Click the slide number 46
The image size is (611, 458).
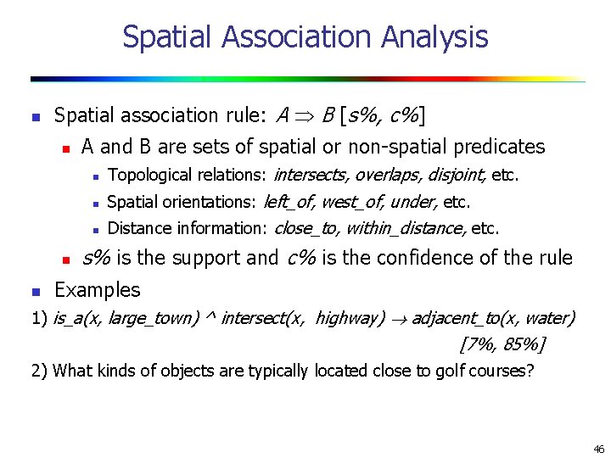(x=599, y=449)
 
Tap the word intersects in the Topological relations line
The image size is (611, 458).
(x=310, y=176)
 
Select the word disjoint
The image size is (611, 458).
(x=457, y=176)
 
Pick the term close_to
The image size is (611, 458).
(x=303, y=228)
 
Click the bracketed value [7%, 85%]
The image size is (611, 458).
(x=502, y=344)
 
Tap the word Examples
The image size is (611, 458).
(x=97, y=290)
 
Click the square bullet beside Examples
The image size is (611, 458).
(x=35, y=291)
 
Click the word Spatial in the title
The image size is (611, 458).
(x=165, y=37)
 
